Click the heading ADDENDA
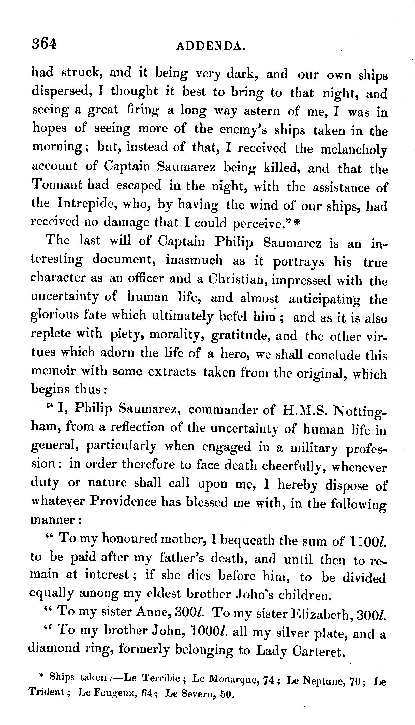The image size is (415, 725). (x=210, y=45)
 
